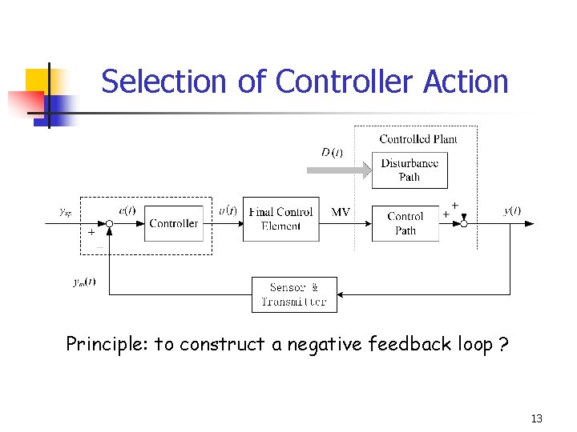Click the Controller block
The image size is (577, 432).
(x=173, y=224)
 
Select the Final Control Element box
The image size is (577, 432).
(x=280, y=219)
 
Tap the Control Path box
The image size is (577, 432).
(x=406, y=223)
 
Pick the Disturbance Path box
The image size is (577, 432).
(x=410, y=170)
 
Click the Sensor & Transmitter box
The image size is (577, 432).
(x=294, y=294)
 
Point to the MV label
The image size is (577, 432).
(x=341, y=212)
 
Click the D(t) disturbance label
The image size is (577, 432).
(x=332, y=152)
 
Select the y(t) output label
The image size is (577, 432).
(x=512, y=210)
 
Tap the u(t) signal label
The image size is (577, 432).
(x=228, y=210)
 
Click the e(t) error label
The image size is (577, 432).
(x=127, y=210)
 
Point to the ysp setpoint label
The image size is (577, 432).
(x=66, y=211)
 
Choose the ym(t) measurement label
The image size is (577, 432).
(x=84, y=282)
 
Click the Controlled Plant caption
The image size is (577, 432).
(x=418, y=139)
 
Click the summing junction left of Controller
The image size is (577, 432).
(x=110, y=224)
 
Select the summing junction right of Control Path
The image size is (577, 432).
(x=463, y=224)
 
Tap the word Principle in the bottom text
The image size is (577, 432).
(x=107, y=344)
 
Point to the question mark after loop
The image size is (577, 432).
(x=502, y=344)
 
